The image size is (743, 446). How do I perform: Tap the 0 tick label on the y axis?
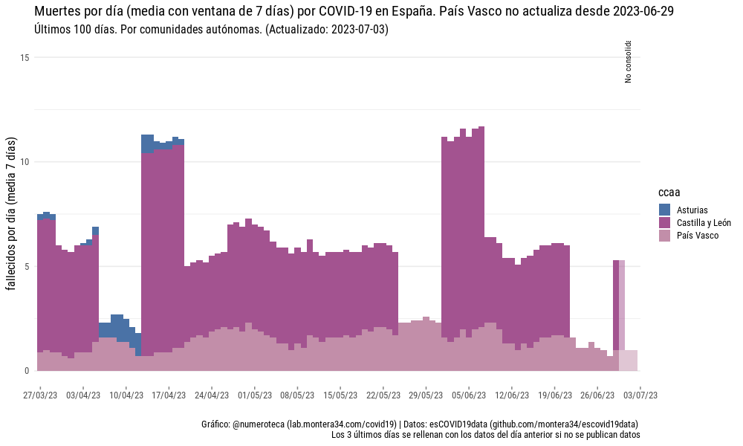coord(26,370)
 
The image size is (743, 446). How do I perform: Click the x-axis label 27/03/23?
coord(40,395)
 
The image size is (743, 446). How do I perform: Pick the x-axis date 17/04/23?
coord(169,395)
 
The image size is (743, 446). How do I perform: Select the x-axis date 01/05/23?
coord(255,395)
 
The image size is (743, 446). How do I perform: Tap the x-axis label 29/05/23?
coord(426,395)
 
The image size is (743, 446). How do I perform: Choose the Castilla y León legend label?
coord(704,223)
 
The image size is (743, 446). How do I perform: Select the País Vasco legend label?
coord(698,236)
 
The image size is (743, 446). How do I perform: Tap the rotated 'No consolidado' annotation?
coord(629,61)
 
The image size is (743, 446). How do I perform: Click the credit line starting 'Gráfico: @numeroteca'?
coord(421,424)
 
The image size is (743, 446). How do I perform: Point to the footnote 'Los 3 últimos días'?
coord(486,434)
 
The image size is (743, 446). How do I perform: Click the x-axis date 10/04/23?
coord(126,395)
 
